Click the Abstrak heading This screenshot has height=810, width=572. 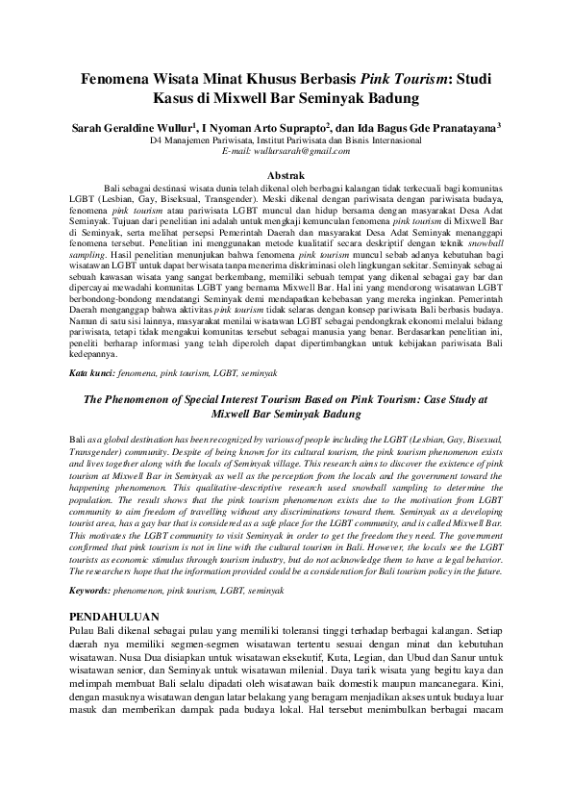[286, 174]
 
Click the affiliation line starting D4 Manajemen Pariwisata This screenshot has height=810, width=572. [286, 139]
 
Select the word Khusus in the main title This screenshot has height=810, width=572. [270, 82]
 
